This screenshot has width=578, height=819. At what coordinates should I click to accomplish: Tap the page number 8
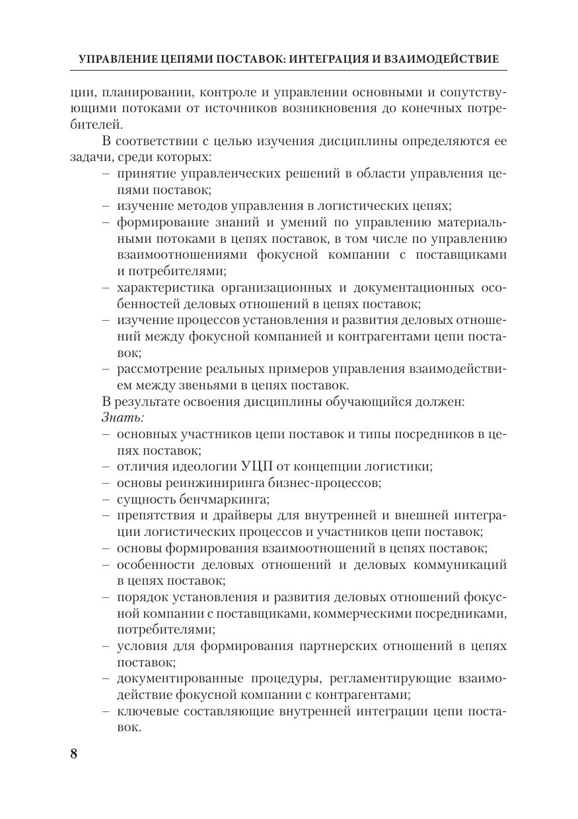click(74, 754)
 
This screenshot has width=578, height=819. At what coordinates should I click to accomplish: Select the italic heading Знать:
click(124, 417)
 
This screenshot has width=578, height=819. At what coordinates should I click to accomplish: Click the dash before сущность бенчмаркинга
click(106, 499)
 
